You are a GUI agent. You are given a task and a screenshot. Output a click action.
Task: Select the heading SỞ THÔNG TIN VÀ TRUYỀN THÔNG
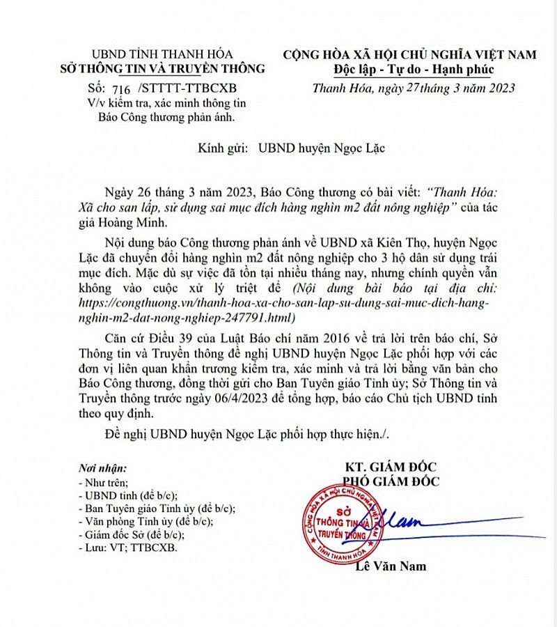[162, 68]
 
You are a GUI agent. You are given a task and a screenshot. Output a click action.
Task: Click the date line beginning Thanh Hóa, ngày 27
[414, 88]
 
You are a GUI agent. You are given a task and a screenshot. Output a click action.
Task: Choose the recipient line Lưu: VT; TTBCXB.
[128, 548]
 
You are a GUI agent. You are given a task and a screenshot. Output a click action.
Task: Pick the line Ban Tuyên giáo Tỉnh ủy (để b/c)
[157, 509]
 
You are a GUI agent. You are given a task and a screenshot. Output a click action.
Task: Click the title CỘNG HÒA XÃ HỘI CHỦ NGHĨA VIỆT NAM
[414, 54]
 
